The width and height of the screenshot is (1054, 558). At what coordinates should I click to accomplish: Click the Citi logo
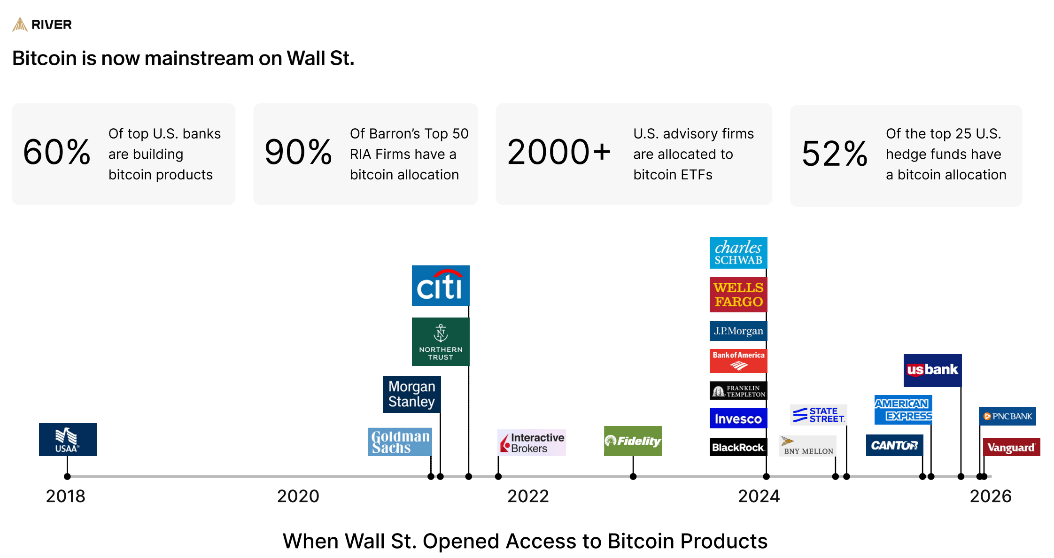pos(441,286)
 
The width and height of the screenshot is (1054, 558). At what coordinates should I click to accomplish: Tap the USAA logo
pos(68,440)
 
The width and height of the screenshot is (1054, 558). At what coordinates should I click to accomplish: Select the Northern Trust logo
pos(441,341)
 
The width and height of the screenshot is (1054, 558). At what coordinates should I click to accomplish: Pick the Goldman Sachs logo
pos(400,442)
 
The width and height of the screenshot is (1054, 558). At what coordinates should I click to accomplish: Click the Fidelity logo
pos(633,441)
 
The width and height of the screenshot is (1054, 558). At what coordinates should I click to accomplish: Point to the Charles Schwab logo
pos(738,253)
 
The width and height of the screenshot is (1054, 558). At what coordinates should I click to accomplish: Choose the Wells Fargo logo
pos(738,294)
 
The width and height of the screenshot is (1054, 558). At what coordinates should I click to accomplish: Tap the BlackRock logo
pos(738,447)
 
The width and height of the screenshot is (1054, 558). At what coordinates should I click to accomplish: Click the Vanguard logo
pos(1011,447)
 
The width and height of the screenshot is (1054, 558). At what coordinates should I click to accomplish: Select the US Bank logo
pos(932,370)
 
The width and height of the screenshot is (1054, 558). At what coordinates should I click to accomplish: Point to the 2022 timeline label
pos(528,496)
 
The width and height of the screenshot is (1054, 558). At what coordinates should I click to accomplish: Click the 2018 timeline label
pos(66,496)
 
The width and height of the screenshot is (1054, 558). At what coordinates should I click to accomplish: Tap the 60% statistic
pos(57,153)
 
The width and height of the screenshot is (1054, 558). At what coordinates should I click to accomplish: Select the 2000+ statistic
pos(559,153)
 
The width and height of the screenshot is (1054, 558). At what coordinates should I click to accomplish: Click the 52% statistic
pos(835,154)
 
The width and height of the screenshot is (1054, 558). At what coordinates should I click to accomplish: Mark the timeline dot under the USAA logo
pos(67,476)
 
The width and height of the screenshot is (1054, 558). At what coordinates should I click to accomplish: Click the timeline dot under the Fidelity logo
pos(633,476)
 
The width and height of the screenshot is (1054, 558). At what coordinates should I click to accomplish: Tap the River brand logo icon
pos(20,24)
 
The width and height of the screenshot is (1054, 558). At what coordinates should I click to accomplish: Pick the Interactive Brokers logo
pos(532,442)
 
